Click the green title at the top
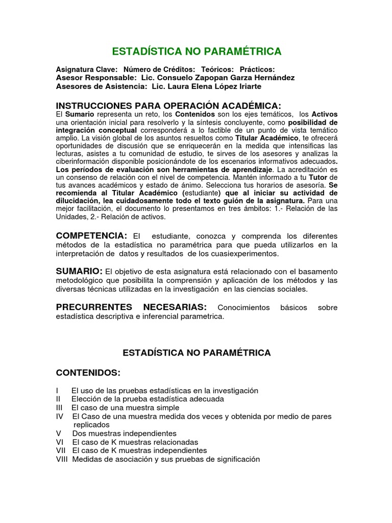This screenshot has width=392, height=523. pos(197,51)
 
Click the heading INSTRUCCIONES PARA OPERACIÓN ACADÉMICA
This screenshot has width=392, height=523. pos(168,105)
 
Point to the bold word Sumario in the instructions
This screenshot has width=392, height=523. pos(80,114)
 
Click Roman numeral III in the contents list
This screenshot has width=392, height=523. pos(60,408)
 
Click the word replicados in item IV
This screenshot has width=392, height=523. pos(91,424)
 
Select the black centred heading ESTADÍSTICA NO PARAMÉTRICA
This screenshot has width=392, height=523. pos(197,352)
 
